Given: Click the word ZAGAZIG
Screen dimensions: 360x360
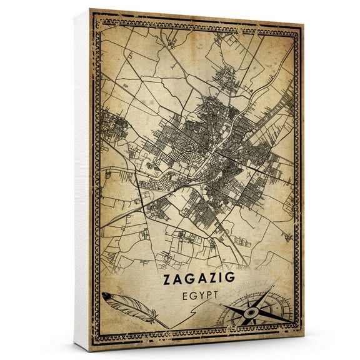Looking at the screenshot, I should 199,279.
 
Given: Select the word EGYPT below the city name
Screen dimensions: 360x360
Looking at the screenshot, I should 199,294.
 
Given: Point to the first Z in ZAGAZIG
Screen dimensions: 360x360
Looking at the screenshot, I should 168,279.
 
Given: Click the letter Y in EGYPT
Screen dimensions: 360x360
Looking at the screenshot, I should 197,294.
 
